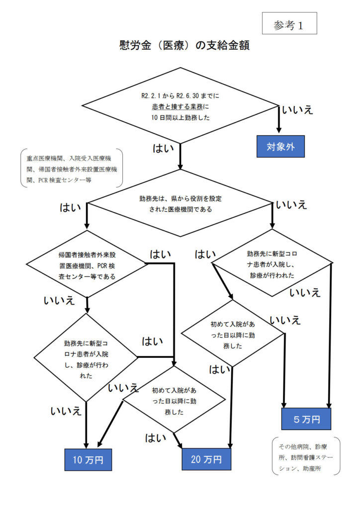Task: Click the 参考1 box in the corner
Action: [289, 23]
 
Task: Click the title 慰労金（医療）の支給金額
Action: [180, 46]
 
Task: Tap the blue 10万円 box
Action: [88, 460]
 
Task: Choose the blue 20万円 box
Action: [206, 460]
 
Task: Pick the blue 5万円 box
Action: [307, 419]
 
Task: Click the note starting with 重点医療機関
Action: [72, 168]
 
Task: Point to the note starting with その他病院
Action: [306, 455]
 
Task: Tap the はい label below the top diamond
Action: [163, 148]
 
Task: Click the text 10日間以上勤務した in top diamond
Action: [180, 117]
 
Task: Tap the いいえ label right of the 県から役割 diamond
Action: [291, 204]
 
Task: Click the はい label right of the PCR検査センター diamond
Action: [161, 254]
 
